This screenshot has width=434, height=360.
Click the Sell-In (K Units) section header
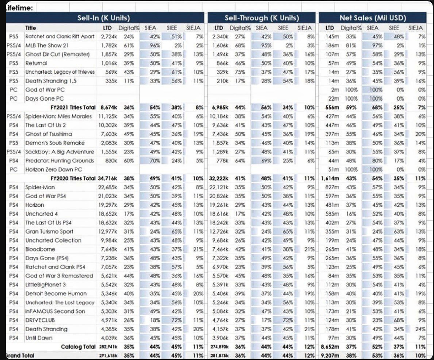point(104,18)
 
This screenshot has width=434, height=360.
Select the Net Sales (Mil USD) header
point(372,18)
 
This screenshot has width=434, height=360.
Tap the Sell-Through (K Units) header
point(261,18)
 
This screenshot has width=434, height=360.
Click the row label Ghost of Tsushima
point(48,134)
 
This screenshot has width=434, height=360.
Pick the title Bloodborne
point(40,249)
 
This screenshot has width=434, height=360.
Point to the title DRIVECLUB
point(40,320)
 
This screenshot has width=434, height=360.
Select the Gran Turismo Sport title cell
point(49,232)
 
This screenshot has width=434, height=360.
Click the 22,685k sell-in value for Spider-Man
point(107,187)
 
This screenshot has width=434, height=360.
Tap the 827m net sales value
point(332,187)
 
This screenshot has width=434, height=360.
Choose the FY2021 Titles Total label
point(73,107)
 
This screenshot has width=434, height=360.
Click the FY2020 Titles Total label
point(73,178)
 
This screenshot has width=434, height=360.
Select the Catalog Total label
point(78,347)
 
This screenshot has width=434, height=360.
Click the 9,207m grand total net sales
point(330,356)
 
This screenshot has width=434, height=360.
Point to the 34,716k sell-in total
point(107,178)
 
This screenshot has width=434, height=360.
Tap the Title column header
point(31,28)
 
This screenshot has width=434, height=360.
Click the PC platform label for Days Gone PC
point(13,99)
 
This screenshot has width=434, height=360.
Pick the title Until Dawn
point(39,338)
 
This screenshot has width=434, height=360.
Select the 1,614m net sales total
point(330,178)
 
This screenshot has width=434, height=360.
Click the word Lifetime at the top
point(19,8)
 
